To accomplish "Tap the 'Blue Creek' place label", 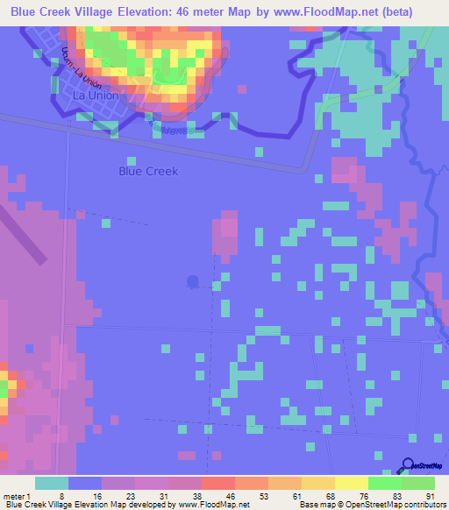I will pyautogui.click(x=148, y=171).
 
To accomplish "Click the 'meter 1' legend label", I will pyautogui.click(x=17, y=495).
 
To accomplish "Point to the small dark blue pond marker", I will pyautogui.click(x=193, y=282).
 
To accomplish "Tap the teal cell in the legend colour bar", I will pyautogui.click(x=52, y=483).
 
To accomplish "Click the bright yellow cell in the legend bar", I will pyautogui.click(x=352, y=483).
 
